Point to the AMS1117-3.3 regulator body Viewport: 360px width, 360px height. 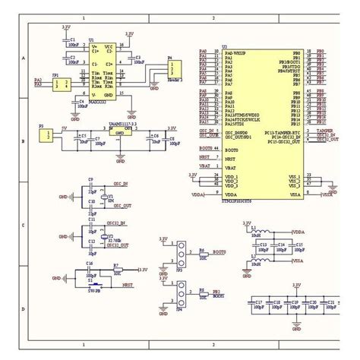point(120,134)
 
